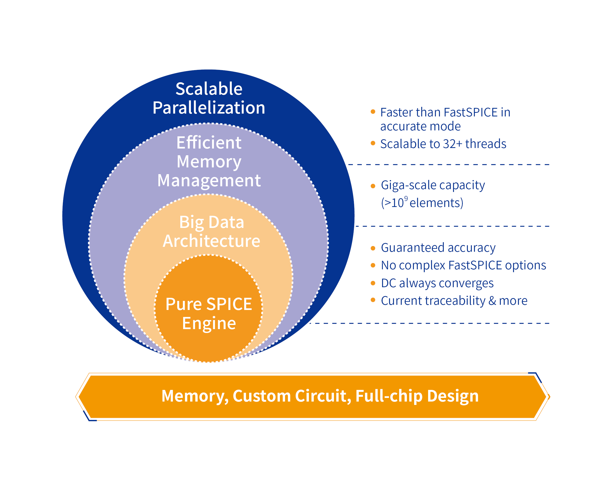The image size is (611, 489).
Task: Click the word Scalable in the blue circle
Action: (209, 89)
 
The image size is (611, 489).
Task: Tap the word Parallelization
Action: (209, 108)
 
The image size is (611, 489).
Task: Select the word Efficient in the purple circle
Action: (209, 142)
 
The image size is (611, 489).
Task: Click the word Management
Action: (209, 180)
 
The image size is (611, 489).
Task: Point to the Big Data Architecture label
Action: (211, 231)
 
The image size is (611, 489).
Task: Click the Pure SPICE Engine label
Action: (209, 314)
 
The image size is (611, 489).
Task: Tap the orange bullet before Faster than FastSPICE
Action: (373, 112)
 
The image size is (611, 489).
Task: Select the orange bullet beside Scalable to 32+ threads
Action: (373, 143)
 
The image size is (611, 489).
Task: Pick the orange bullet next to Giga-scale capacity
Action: (373, 186)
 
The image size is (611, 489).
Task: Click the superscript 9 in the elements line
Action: (406, 198)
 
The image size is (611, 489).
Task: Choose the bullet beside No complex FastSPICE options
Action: (373, 265)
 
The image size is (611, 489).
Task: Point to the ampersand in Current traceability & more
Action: (492, 301)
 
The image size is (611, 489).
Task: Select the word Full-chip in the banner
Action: (389, 396)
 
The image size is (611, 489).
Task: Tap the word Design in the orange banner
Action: (453, 396)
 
